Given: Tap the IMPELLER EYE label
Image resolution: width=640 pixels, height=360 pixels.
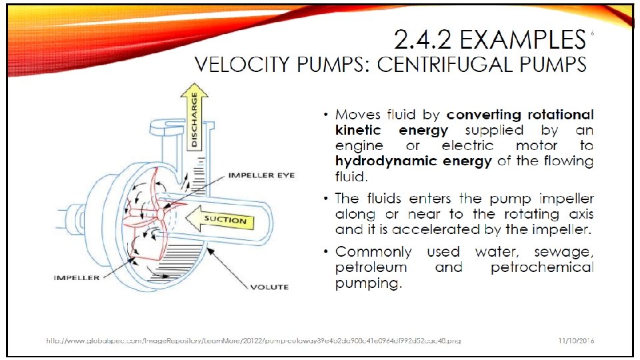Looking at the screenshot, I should [261, 176].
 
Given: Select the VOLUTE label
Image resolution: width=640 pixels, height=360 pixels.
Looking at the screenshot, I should [269, 287].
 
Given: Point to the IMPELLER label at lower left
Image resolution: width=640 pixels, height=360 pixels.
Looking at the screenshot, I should [77, 277].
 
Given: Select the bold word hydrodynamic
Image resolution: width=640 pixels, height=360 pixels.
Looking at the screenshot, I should [377, 161].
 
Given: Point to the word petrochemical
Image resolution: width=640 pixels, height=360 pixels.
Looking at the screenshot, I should [541, 268].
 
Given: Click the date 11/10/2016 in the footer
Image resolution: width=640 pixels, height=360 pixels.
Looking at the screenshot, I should [576, 341].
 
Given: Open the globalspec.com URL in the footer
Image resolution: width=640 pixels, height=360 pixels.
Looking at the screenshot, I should [253, 341].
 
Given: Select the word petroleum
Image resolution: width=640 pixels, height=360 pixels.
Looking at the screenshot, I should [371, 268].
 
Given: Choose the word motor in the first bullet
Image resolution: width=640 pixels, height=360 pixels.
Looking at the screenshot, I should [537, 146].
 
